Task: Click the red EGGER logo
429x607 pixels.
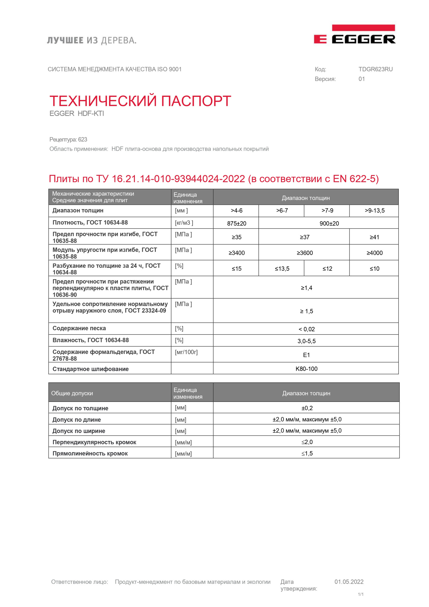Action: coord(354,35)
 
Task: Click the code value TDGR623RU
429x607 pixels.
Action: coord(375,69)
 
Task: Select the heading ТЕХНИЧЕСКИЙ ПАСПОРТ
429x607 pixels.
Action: coord(140,101)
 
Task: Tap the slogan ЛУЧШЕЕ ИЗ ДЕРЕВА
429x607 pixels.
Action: coord(92,40)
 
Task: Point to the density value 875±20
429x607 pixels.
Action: coord(236,223)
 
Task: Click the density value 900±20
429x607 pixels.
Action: coord(329,223)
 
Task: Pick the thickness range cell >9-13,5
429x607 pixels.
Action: coord(374,211)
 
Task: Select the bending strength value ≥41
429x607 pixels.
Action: coord(374,237)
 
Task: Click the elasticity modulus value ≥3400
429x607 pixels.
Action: coord(236,253)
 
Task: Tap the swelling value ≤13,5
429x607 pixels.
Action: coord(282,269)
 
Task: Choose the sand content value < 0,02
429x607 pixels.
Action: coord(306,329)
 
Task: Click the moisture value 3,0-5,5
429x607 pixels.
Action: coord(306,341)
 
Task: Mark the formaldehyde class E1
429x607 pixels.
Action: coord(306,355)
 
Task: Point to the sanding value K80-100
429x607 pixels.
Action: coord(306,369)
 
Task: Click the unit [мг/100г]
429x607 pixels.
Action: coord(186,352)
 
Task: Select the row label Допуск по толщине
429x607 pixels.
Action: coord(80,408)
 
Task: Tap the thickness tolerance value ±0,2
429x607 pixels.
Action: coord(307,408)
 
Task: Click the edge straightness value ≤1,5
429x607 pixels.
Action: coord(307,453)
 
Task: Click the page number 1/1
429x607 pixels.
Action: coord(361,594)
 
